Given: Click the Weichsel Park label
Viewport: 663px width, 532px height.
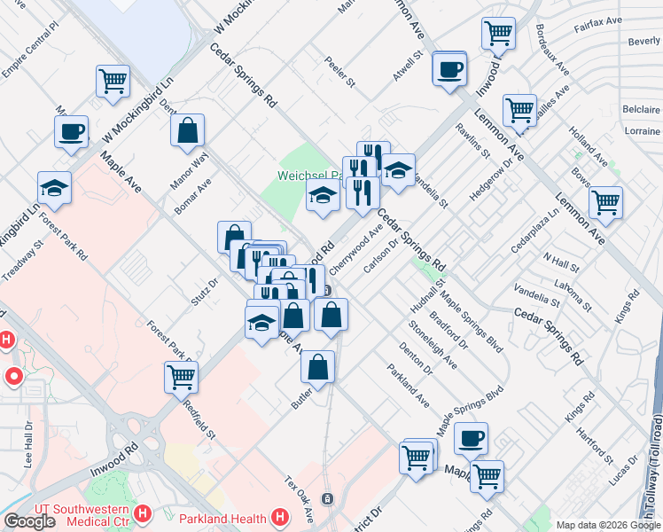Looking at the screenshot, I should click(x=305, y=175).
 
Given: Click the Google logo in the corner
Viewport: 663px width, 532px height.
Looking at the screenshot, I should click(x=29, y=521).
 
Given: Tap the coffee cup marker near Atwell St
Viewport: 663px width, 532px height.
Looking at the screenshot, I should click(x=450, y=68).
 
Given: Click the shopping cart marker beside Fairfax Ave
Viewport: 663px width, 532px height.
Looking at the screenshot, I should click(x=498, y=34).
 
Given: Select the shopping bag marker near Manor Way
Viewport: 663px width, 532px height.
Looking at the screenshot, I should click(x=188, y=131).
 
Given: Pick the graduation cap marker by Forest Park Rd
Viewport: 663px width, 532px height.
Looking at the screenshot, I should click(x=54, y=187).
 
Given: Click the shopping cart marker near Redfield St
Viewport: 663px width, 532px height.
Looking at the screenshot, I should click(x=181, y=377).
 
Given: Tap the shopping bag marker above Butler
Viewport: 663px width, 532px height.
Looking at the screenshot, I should click(x=318, y=366).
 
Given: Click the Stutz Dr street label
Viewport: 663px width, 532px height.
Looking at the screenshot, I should click(x=204, y=289).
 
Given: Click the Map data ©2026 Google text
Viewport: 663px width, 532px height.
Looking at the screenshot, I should click(x=608, y=525).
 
